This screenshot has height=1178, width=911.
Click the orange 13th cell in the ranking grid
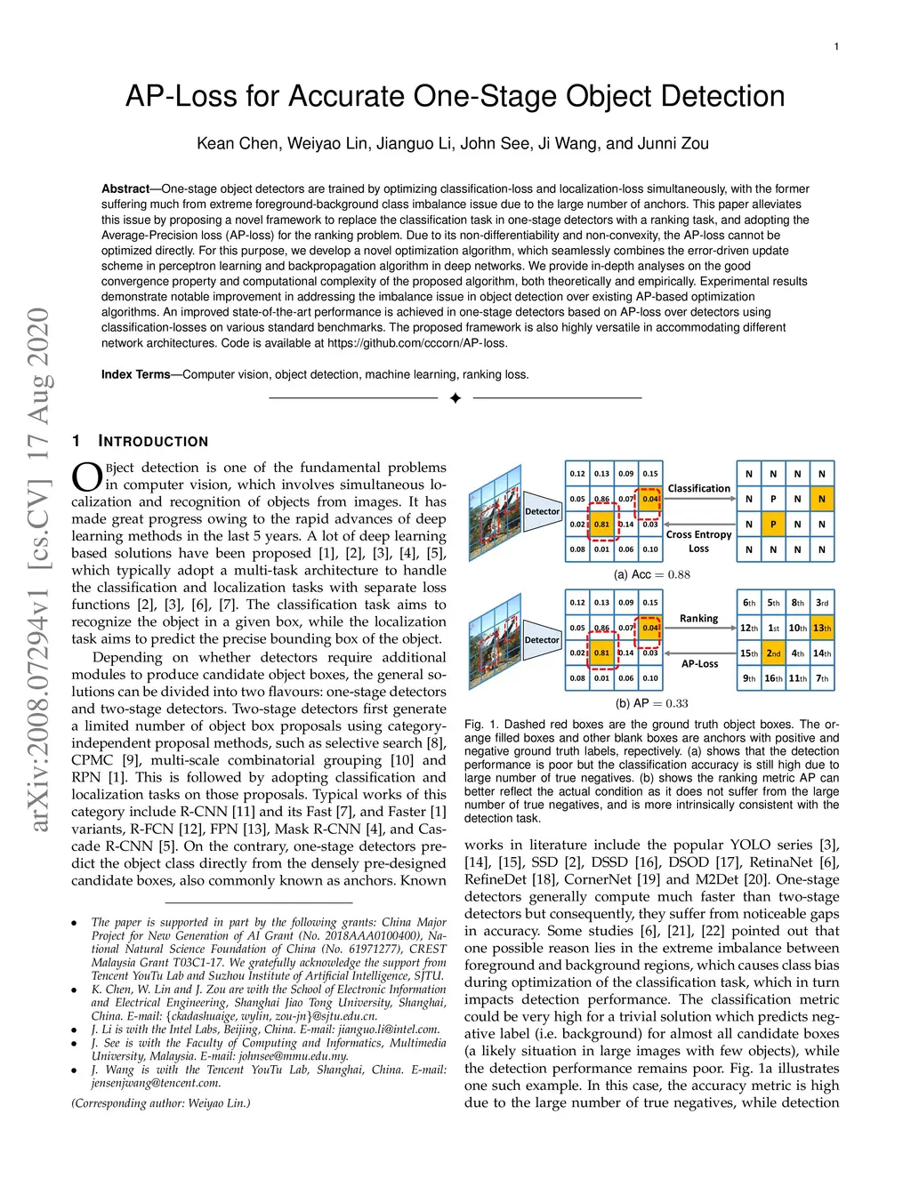point(822,628)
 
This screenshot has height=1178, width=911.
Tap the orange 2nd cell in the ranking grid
point(773,653)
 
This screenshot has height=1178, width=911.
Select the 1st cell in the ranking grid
point(773,628)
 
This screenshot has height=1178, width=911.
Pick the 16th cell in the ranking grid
point(773,678)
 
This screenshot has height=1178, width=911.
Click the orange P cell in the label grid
point(773,525)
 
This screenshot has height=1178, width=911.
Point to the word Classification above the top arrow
point(698,488)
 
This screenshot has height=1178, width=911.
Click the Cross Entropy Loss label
point(698,541)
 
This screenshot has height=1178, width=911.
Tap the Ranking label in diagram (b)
point(698,618)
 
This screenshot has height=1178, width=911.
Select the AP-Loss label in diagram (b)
point(699,663)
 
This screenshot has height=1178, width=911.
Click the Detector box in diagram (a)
point(542,511)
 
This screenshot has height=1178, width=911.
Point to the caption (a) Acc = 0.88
point(651,574)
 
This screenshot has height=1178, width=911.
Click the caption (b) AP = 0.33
point(651,703)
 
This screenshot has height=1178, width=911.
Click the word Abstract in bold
point(125,188)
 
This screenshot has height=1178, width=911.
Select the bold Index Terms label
point(135,374)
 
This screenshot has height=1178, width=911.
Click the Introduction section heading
point(152,441)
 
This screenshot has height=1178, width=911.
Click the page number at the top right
point(836,46)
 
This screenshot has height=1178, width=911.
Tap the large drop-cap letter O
point(87,477)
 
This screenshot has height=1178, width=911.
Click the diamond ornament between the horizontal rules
point(455,398)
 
